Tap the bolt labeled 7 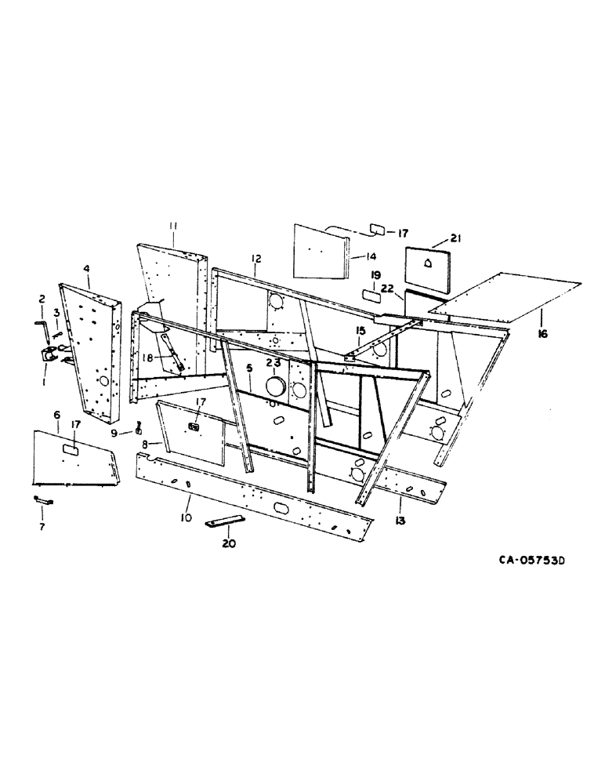(x=42, y=499)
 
